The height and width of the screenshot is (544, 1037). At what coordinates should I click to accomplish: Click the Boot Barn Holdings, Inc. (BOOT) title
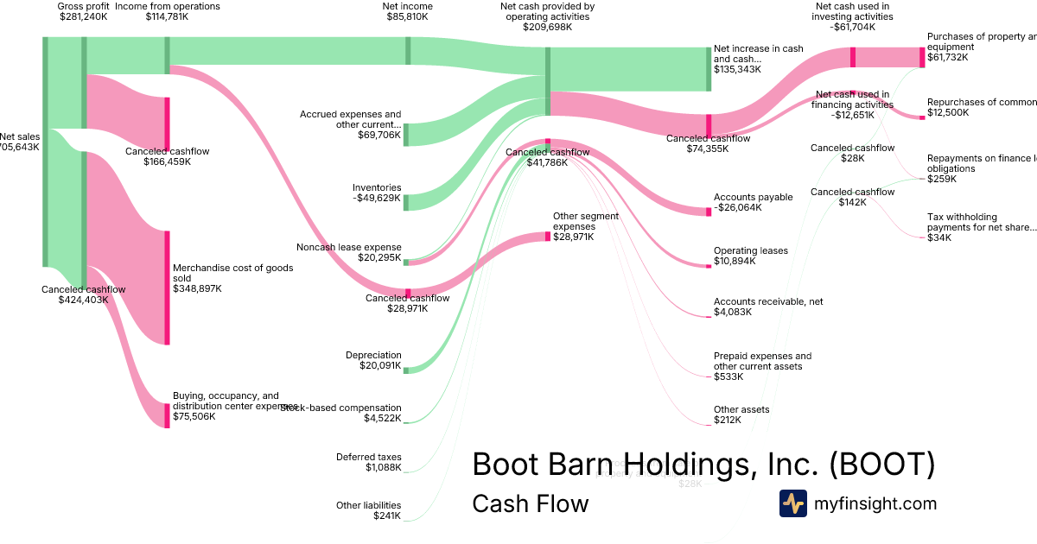pos(703,465)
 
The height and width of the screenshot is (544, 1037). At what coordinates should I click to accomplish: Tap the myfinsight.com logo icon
pos(792,503)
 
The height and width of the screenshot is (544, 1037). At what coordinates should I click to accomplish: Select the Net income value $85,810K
pos(406,16)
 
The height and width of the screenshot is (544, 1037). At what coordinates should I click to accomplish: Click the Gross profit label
pos(83,6)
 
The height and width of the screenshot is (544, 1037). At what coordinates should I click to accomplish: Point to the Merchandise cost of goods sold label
pos(232,273)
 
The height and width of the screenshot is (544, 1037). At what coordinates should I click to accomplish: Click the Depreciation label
pos(373,355)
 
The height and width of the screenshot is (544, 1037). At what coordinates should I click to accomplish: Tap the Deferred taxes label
pos(369,457)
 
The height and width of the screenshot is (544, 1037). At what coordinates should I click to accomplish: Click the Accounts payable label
pos(753,197)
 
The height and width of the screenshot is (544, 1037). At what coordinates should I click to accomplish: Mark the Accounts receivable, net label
pos(767,302)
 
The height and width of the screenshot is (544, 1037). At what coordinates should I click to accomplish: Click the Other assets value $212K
pos(727,420)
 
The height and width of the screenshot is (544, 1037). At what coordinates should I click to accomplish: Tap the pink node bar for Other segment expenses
pos(547,236)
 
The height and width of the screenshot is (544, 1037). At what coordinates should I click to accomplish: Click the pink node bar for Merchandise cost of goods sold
pos(167,288)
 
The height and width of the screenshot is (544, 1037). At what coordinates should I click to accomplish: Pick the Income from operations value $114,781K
pos(167,16)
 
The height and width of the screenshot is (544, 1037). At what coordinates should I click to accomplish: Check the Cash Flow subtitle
pos(530,503)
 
